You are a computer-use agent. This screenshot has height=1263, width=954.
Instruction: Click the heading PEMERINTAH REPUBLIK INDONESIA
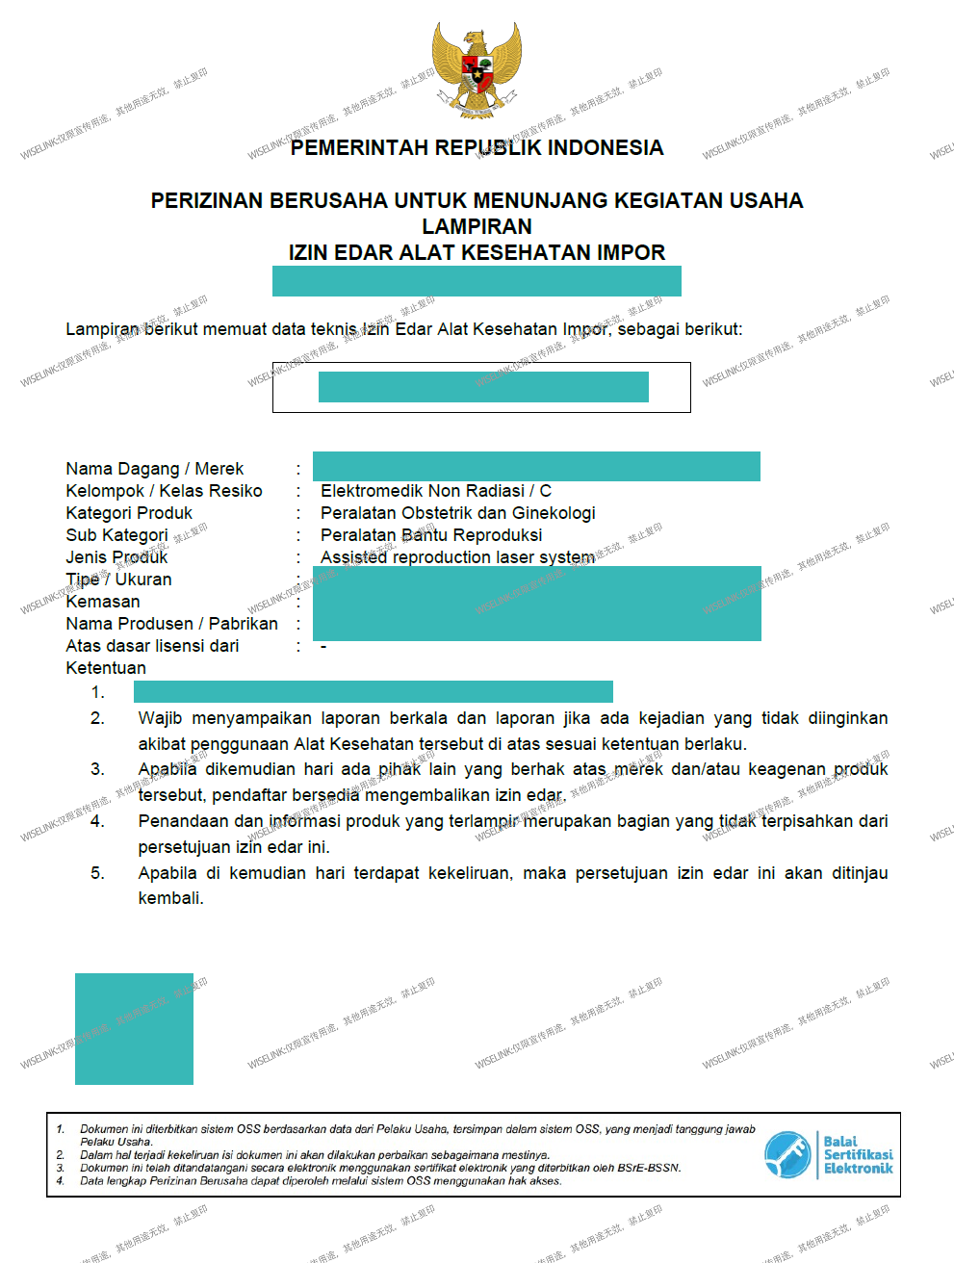pos(477,148)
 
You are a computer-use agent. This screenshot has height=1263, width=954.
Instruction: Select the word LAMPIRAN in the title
pos(477,226)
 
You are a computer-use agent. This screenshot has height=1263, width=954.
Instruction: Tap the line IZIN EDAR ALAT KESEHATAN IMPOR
pos(477,252)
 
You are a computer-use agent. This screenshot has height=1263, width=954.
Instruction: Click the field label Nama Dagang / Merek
pos(154,469)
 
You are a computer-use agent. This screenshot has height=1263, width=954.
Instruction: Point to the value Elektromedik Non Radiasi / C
pos(435,491)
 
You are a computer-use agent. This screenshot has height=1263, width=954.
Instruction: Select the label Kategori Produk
pos(129,513)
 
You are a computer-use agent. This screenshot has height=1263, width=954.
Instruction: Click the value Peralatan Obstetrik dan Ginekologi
pos(457,513)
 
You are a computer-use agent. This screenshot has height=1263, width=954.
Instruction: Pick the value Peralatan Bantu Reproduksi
pos(430,535)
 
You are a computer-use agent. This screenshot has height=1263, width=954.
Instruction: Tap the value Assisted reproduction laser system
pos(457,557)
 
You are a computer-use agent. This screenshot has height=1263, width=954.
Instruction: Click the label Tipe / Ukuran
pos(118,580)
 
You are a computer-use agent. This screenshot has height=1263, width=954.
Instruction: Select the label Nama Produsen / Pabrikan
pos(171,624)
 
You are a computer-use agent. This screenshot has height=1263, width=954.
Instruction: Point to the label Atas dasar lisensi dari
pos(152,646)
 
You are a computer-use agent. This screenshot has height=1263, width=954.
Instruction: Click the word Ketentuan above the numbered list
pos(106,668)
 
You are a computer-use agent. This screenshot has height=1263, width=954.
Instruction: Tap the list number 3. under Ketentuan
pos(97,769)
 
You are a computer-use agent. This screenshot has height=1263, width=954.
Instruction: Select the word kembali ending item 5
pos(170,898)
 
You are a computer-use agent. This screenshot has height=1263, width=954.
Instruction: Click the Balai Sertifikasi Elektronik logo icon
pos(787,1155)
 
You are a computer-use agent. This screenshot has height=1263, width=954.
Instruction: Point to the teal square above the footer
pos(134,1029)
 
